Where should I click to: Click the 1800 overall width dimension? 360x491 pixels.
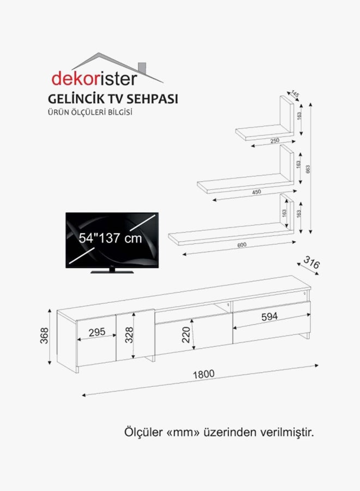pyautogui.click(x=203, y=374)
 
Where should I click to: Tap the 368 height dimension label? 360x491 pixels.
pyautogui.click(x=44, y=336)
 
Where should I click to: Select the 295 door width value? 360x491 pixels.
pyautogui.click(x=97, y=332)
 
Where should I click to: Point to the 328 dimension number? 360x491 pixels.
pyautogui.click(x=129, y=335)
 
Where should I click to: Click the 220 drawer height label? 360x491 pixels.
pyautogui.click(x=186, y=335)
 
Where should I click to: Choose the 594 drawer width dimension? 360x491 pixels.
pyautogui.click(x=269, y=317)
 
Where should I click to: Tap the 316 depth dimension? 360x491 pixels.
pyautogui.click(x=312, y=262)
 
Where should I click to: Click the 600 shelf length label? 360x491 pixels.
pyautogui.click(x=242, y=245)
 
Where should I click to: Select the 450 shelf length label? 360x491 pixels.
pyautogui.click(x=256, y=192)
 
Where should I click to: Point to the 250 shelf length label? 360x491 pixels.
pyautogui.click(x=274, y=141)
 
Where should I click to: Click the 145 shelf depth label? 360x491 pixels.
pyautogui.click(x=295, y=93)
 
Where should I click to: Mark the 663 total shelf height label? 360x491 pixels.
pyautogui.click(x=308, y=170)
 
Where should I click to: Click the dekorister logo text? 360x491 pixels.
pyautogui.click(x=94, y=79)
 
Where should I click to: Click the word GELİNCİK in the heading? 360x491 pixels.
pyautogui.click(x=76, y=99)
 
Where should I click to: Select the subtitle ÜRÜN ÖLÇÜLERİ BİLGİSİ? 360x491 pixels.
pyautogui.click(x=90, y=112)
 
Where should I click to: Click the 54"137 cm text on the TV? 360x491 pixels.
pyautogui.click(x=110, y=238)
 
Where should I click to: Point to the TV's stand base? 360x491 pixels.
pyautogui.click(x=112, y=271)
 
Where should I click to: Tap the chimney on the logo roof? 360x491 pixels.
pyautogui.click(x=142, y=68)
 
